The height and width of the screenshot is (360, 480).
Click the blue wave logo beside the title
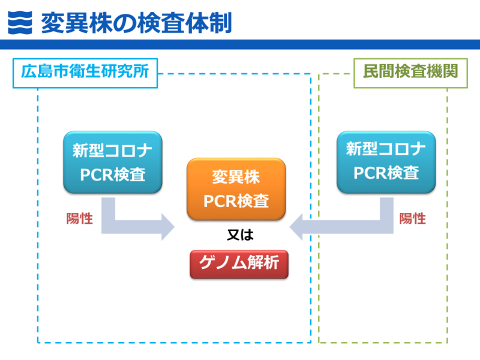(20, 22)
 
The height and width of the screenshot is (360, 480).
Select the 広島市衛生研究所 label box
(85, 73)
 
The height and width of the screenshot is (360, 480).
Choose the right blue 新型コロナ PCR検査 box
(386, 162)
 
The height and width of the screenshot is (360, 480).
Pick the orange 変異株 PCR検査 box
(236, 188)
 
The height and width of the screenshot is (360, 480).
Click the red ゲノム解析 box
(239, 263)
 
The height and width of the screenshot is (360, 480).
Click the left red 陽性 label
(80, 218)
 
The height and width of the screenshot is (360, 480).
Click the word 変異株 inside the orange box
(236, 178)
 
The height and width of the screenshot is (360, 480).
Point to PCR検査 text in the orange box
(236, 200)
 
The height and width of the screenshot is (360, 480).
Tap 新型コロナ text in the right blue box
(386, 150)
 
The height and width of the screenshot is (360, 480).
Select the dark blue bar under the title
(240, 44)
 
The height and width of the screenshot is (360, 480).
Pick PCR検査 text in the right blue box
(386, 173)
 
